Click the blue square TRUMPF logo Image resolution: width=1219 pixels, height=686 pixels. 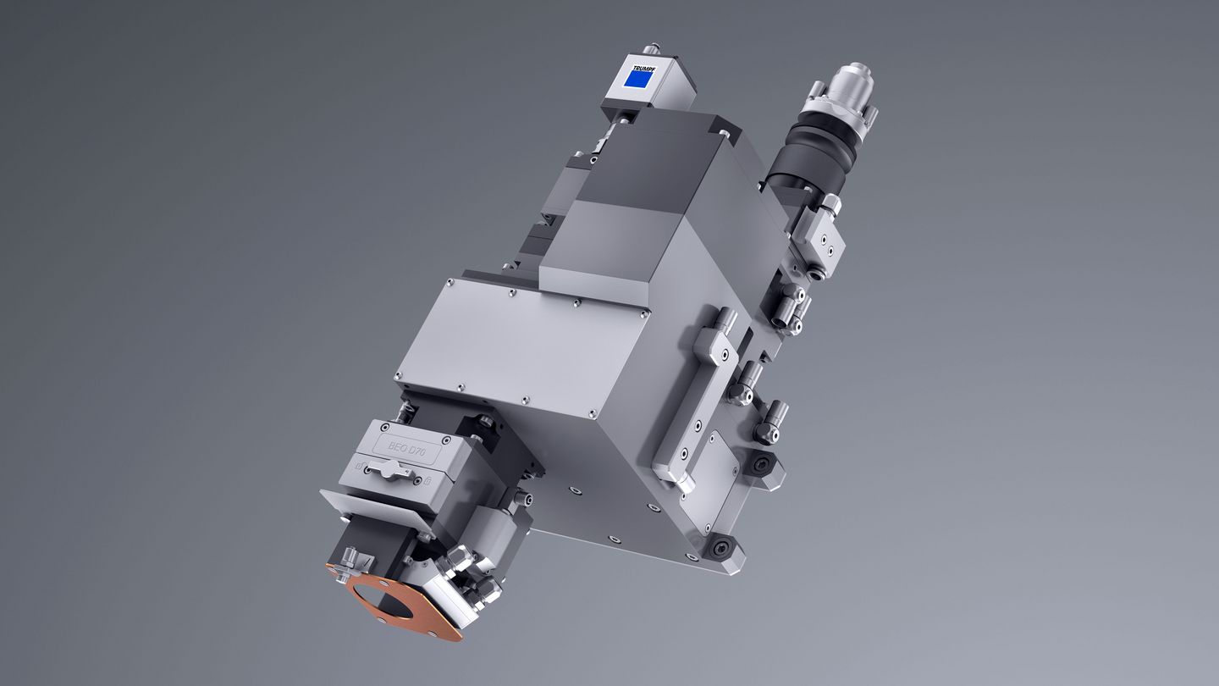(638, 78)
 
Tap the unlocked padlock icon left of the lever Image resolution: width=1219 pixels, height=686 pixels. (360, 467)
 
